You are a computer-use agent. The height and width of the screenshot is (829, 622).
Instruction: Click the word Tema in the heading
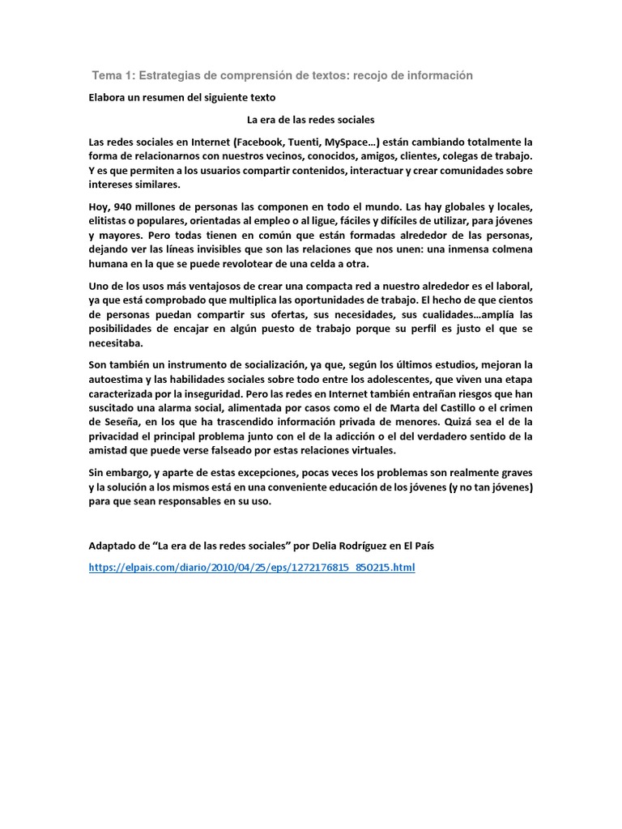pos(105,75)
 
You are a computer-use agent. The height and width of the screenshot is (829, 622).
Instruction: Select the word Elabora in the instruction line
pos(109,97)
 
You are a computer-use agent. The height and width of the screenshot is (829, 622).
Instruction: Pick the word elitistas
pos(110,221)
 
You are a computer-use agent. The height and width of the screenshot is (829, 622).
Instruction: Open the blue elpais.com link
pos(251,568)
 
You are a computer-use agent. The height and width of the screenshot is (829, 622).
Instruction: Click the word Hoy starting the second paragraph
pos(99,206)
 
